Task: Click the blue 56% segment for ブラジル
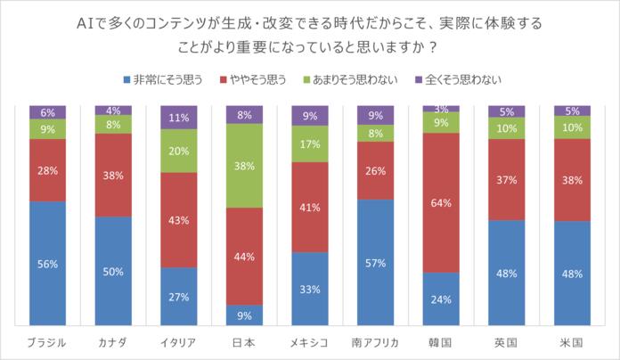pos(47,264)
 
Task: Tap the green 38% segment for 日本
pos(245,165)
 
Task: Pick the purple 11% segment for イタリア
pos(179,117)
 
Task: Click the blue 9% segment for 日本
pos(245,315)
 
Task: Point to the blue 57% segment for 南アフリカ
pos(376,263)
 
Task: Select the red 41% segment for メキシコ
pos(310,207)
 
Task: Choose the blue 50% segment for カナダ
pos(113,271)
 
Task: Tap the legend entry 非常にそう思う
pos(164,79)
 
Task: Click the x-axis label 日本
pos(245,342)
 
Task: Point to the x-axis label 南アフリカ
pos(376,342)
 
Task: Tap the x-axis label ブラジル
pos(47,342)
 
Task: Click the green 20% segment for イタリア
pos(179,151)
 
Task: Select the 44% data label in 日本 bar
pos(245,256)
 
